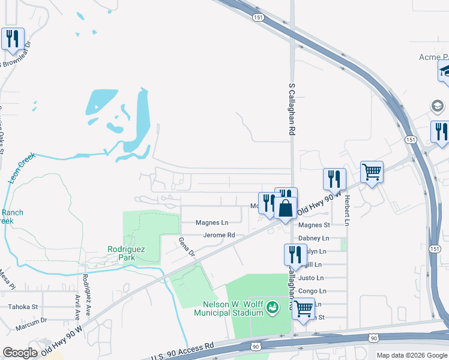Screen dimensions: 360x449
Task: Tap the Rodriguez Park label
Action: pyautogui.click(x=127, y=253)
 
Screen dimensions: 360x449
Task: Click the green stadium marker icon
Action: pyautogui.click(x=273, y=307)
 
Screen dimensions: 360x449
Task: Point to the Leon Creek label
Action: pyautogui.click(x=22, y=167)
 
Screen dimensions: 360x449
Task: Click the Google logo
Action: pyautogui.click(x=20, y=353)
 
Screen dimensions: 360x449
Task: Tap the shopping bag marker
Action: pyautogui.click(x=286, y=209)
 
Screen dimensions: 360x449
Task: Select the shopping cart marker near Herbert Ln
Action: pyautogui.click(x=372, y=172)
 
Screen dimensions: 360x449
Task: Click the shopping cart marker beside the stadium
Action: pyautogui.click(x=303, y=308)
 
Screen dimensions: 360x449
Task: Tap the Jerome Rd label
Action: pyautogui.click(x=218, y=235)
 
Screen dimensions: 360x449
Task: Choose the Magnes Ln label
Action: pyautogui.click(x=212, y=223)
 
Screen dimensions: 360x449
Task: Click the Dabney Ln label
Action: pyautogui.click(x=318, y=238)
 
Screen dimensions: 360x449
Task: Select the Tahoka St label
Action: pyautogui.click(x=22, y=307)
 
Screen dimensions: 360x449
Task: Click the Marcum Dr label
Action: pyautogui.click(x=31, y=321)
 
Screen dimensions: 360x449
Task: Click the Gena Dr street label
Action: pyautogui.click(x=187, y=246)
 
